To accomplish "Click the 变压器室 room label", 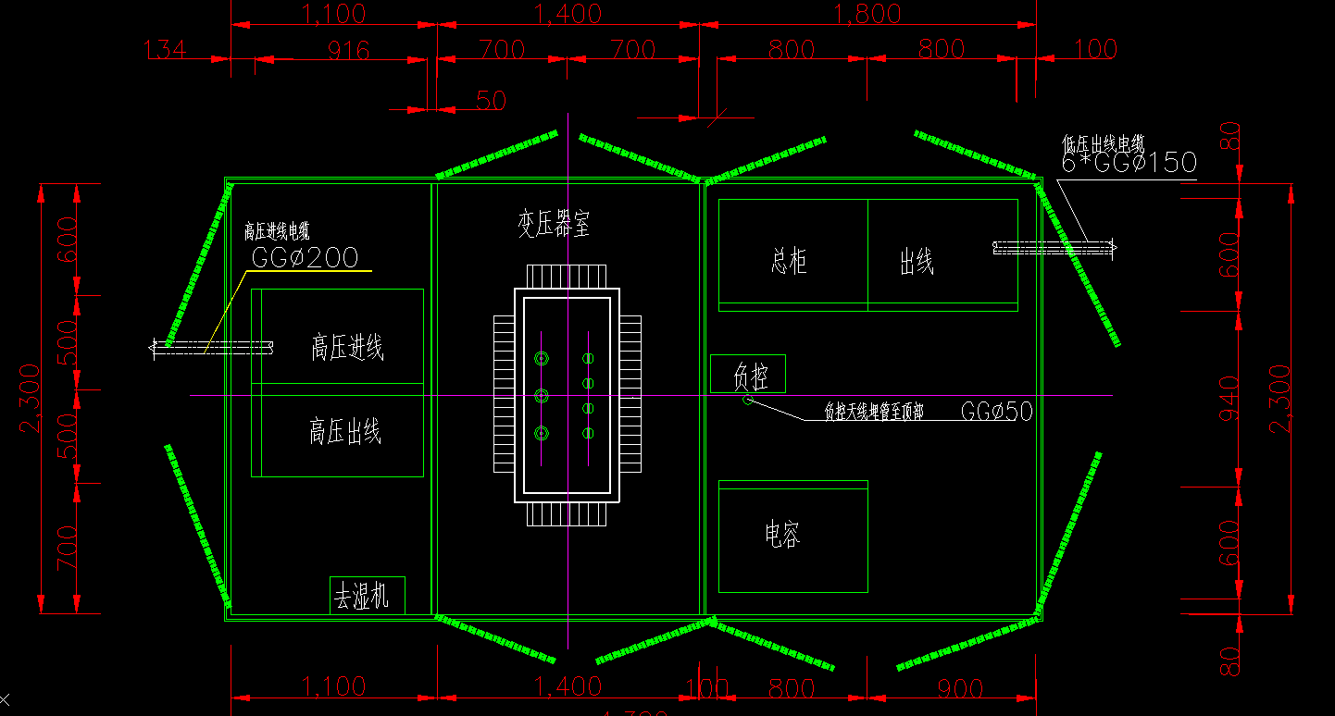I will click(x=554, y=224).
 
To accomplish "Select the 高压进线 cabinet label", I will click(x=347, y=348).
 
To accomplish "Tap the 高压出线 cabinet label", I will click(x=345, y=432).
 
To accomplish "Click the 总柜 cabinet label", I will click(x=789, y=262).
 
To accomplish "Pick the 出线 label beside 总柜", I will click(x=917, y=263).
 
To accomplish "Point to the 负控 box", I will click(x=748, y=374).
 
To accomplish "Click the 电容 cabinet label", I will click(x=782, y=535).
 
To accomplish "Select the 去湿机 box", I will click(x=367, y=596).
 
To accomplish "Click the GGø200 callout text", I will click(x=305, y=258).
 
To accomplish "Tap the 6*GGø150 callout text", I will click(x=1129, y=164).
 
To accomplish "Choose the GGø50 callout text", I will click(x=996, y=412).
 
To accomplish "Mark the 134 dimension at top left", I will click(x=166, y=49).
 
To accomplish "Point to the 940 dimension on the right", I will click(x=1229, y=398).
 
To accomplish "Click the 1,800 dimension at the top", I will click(x=867, y=14).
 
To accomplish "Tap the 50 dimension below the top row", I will click(x=490, y=101).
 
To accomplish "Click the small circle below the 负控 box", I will click(x=748, y=400).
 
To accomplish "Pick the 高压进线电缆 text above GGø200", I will click(x=277, y=231).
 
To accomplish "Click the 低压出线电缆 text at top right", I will click(x=1104, y=144).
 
